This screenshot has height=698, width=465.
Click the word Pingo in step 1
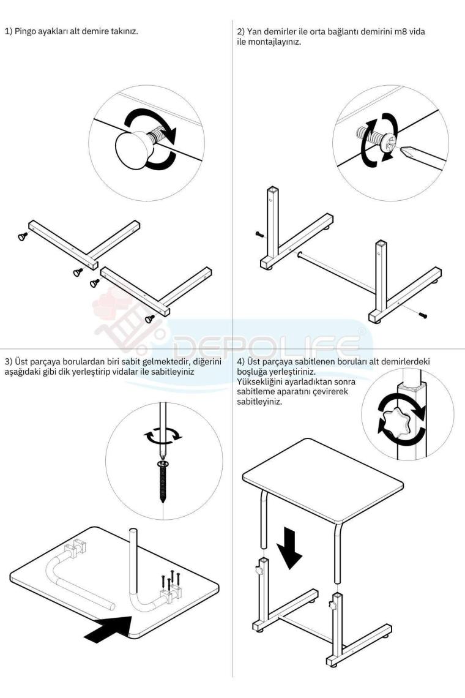(x=25, y=32)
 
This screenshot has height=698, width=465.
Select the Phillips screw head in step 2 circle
(x=389, y=144)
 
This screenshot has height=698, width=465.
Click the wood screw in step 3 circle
(x=163, y=481)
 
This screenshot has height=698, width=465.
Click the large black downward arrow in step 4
(x=290, y=548)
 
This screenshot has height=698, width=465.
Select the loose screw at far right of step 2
(x=423, y=315)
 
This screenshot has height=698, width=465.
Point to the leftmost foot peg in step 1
(x=22, y=236)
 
